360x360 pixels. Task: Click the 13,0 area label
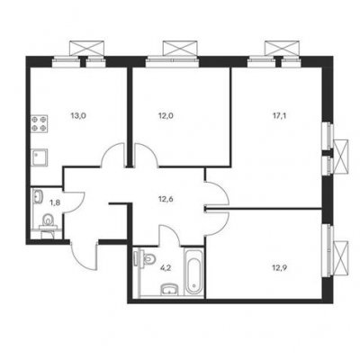pos(78,116)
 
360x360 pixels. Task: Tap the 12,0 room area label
pos(166,116)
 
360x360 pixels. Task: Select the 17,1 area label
pos(279,116)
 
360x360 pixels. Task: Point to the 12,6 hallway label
pos(166,199)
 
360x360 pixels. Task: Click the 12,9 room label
pos(279,268)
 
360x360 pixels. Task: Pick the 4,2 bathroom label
pos(165,268)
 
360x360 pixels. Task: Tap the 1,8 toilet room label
pos(55,202)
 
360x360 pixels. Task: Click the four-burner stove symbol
pos(40,124)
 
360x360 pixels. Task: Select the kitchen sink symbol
pos(40,157)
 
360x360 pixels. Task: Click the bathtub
pos(193,272)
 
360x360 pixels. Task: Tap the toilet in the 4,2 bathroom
pos(146,258)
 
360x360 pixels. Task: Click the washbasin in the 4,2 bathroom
pos(170,290)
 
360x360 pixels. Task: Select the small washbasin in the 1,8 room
pos(38,197)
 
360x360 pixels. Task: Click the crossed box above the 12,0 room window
pos(181,49)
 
